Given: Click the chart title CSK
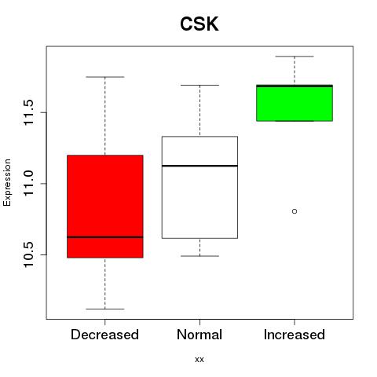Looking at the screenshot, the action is [x=199, y=24].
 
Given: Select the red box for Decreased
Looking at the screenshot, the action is [x=105, y=207].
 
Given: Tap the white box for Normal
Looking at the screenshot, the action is [x=199, y=187].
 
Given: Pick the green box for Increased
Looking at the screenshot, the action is [x=295, y=103].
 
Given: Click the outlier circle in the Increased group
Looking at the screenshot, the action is [x=295, y=211].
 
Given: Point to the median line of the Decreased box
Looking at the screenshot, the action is [x=105, y=237].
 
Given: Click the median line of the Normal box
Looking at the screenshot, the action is [x=199, y=166].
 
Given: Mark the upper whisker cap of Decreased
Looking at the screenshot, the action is [x=105, y=77].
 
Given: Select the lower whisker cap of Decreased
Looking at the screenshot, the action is [x=105, y=309].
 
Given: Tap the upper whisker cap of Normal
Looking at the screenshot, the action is [x=199, y=85].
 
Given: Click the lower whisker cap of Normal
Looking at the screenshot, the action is [x=199, y=256].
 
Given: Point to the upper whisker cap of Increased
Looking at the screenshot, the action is [x=295, y=57].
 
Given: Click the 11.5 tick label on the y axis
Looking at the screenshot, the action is [x=28, y=112].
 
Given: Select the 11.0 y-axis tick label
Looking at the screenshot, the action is [x=28, y=184].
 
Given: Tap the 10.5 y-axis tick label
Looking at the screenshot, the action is [x=28, y=254].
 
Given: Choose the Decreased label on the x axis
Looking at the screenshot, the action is [x=104, y=335].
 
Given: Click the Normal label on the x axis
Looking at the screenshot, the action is [x=199, y=335].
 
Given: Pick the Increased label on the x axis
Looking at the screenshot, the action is [x=295, y=335].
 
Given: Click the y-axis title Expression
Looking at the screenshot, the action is [x=7, y=182].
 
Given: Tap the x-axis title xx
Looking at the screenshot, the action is [x=199, y=360].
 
